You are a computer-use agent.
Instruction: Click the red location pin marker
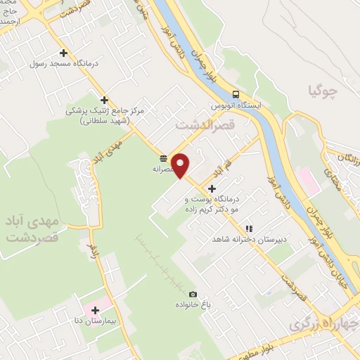[x=181, y=165]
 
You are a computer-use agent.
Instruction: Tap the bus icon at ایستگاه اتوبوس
[x=236, y=95]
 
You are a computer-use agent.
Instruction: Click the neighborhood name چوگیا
[x=324, y=89]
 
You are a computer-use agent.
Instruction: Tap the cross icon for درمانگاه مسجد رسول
[x=64, y=53]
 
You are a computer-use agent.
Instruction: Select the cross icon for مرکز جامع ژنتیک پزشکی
[x=104, y=100]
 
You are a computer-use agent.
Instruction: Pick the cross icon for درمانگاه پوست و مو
[x=212, y=188]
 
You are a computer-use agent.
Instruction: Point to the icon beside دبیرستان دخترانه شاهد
[x=248, y=229]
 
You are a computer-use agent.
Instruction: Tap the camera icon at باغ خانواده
[x=193, y=295]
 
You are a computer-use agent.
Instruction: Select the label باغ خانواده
[x=192, y=306]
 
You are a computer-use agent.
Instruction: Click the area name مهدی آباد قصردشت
[x=32, y=230]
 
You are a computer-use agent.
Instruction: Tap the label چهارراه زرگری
[x=318, y=325]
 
